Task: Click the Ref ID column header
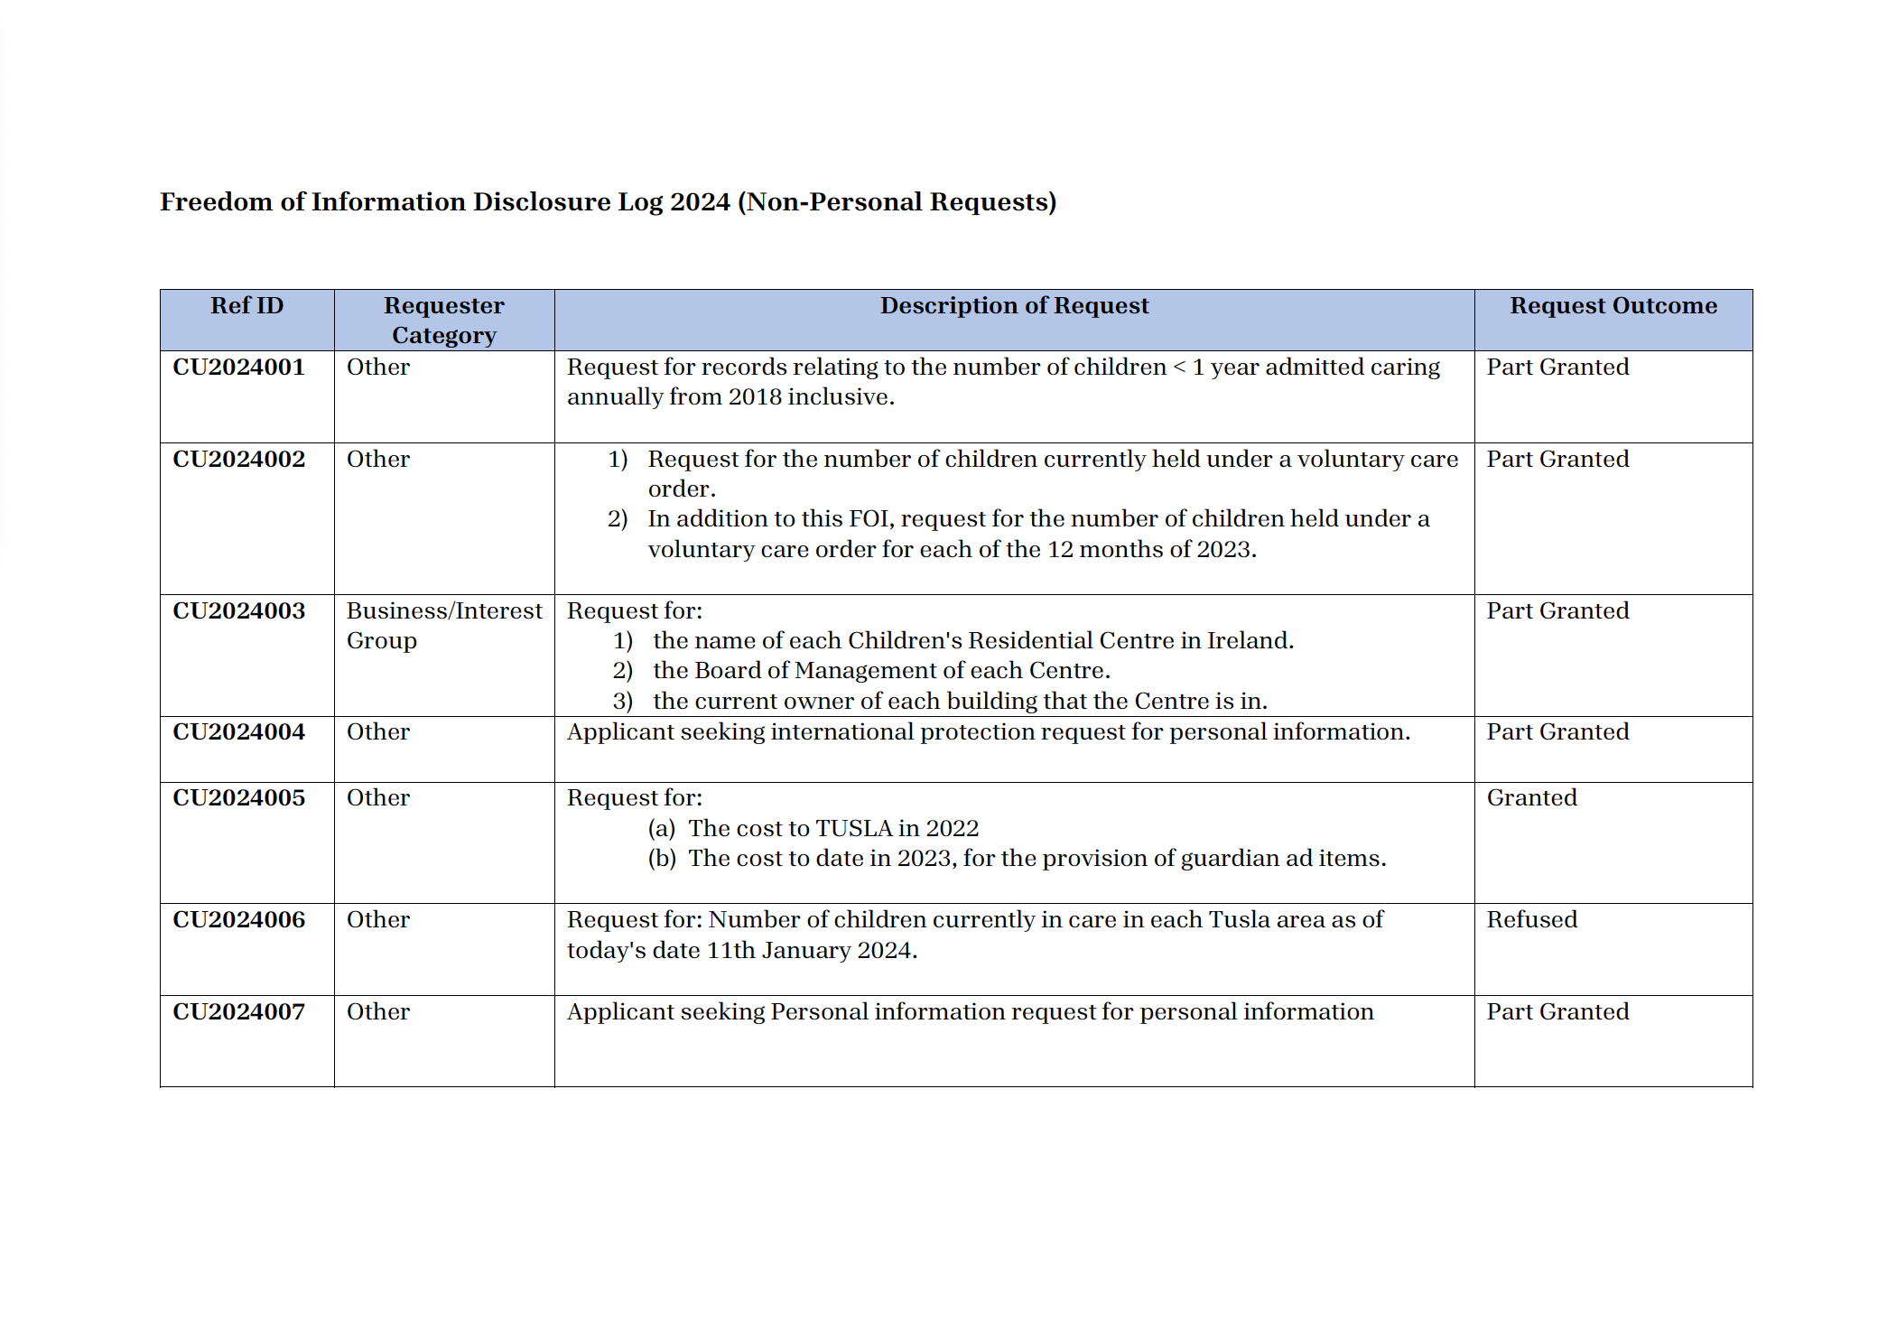[246, 306]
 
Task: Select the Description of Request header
[1014, 306]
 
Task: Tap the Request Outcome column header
[1613, 306]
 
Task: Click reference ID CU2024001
[239, 368]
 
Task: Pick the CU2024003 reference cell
[239, 611]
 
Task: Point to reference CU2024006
[239, 920]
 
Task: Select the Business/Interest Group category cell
[443, 626]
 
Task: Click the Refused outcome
[1531, 920]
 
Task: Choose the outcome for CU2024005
[1531, 798]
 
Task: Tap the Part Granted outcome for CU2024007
[1557, 1012]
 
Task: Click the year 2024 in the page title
[700, 202]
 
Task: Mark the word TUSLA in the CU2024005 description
[853, 829]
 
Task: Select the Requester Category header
[443, 321]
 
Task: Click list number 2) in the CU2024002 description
[618, 519]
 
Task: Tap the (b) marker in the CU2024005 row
[662, 859]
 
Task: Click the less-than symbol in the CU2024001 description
[1178, 368]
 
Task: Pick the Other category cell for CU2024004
[377, 732]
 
